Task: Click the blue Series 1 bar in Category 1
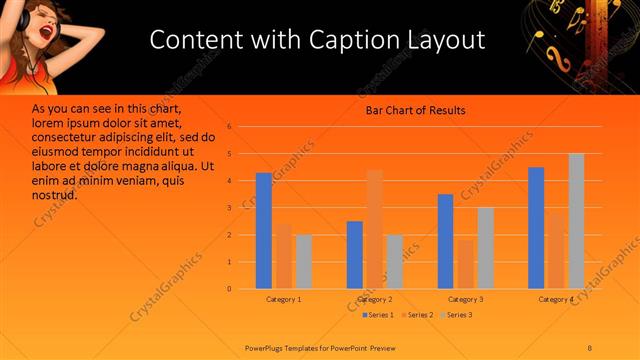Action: tap(264, 231)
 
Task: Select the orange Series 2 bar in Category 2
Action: tap(374, 229)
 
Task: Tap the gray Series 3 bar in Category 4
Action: tap(576, 221)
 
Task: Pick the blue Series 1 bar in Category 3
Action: tap(445, 241)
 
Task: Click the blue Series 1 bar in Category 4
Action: tap(536, 228)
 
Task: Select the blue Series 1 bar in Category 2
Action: tap(354, 255)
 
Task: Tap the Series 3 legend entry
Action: tap(456, 315)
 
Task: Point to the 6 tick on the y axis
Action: tap(229, 127)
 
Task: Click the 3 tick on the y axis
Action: tap(229, 208)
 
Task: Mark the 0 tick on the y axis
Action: tap(229, 289)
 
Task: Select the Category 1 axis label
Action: tap(284, 299)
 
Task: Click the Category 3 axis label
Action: tap(465, 299)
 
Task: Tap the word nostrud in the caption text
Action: tap(55, 194)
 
